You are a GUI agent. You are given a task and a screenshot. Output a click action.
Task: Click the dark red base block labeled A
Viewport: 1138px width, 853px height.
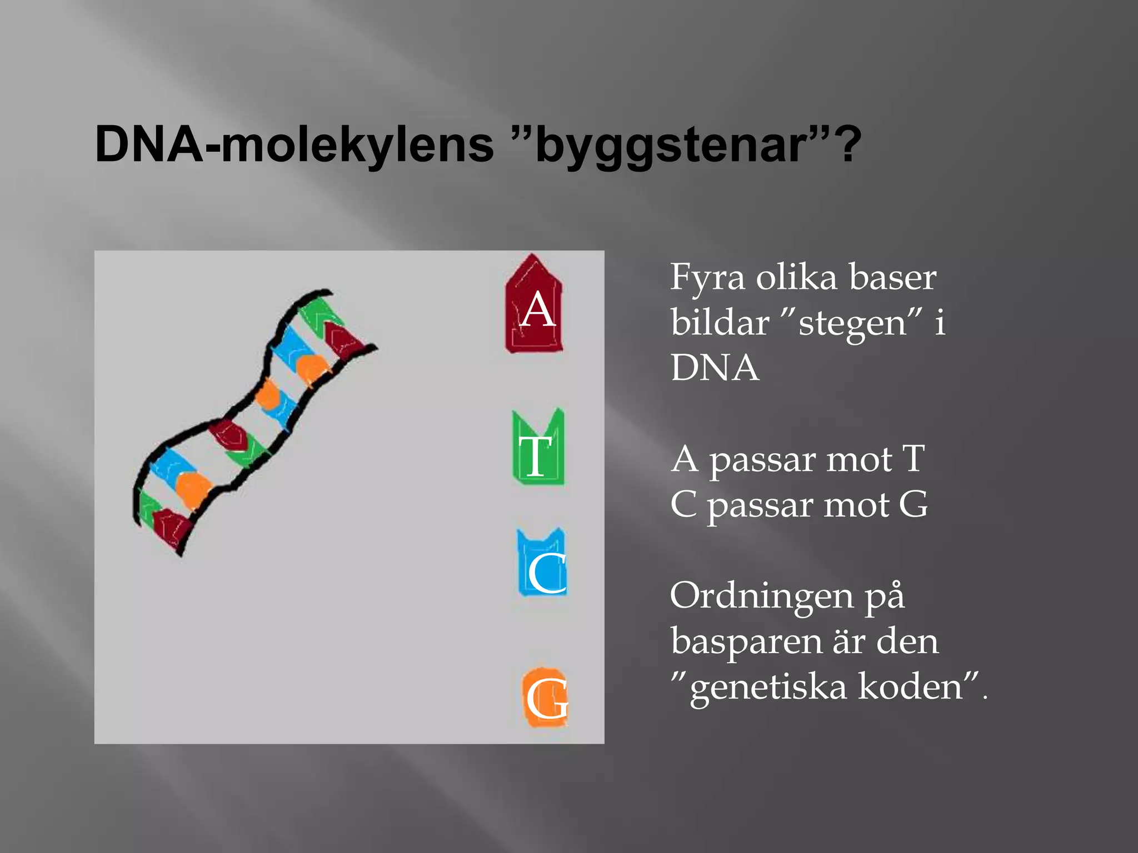click(533, 305)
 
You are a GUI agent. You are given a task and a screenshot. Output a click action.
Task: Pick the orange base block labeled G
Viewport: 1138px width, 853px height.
click(545, 698)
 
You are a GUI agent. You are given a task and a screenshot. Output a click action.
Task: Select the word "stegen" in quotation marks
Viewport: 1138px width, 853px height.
click(853, 323)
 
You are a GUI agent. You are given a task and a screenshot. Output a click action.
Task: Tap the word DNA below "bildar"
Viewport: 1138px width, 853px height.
click(715, 368)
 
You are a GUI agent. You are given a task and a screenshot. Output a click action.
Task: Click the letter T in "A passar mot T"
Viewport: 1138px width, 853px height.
click(913, 459)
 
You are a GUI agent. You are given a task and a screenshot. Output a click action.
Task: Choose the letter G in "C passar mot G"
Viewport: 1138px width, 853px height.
click(913, 504)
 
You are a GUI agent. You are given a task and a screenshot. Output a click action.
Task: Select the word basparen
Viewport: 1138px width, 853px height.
click(745, 641)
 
